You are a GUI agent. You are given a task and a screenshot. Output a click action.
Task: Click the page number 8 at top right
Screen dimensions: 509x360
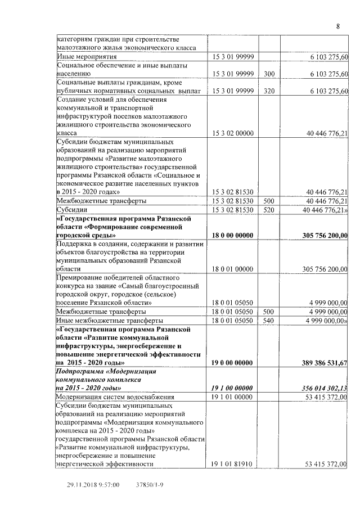338,26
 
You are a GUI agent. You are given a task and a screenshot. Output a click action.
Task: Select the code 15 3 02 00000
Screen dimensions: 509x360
232,133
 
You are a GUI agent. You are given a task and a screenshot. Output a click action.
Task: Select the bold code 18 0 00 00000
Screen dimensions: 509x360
232,235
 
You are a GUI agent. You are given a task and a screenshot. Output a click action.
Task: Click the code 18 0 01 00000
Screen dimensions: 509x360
232,269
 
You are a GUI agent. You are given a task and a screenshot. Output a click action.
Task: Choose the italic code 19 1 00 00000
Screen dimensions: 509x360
232,388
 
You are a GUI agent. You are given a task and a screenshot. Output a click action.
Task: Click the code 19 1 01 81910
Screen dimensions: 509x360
232,464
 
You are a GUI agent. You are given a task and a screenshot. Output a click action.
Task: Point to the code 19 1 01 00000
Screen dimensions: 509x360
232,397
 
